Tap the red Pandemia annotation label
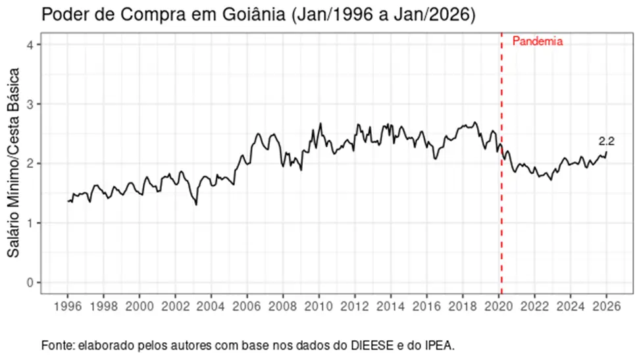coord(538,41)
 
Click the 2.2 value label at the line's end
coord(606,141)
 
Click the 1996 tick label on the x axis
coord(68,306)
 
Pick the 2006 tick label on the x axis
coord(247,306)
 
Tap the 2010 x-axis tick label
coord(319,306)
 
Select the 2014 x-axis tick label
coord(391,306)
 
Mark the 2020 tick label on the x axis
coord(499,306)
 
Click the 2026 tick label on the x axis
coord(607,306)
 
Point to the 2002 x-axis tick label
coord(176,306)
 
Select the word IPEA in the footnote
coord(440,345)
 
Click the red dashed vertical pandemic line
coord(501,197)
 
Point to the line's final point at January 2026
coord(607,152)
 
